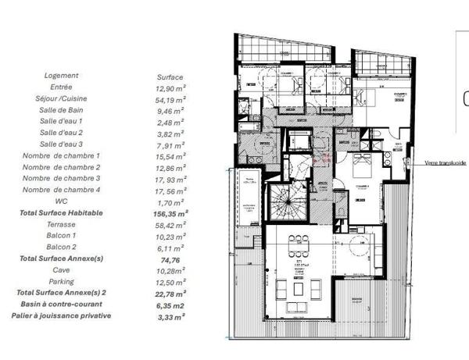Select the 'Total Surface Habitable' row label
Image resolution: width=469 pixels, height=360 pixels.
[61, 212]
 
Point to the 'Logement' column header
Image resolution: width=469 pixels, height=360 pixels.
[61, 76]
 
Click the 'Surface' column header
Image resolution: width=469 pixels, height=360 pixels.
[170, 77]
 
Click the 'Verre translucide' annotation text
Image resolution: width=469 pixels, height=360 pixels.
[446, 163]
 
